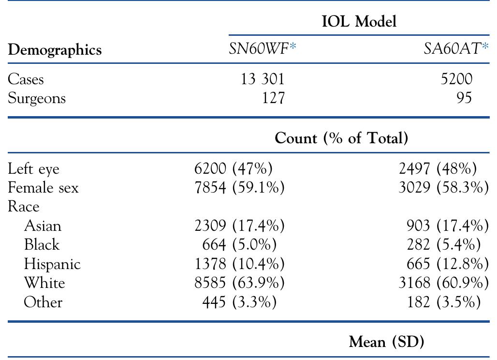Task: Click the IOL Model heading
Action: [x=359, y=22]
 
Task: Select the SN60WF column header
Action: [x=262, y=49]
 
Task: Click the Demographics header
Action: [x=55, y=50]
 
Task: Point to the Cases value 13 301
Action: [x=263, y=79]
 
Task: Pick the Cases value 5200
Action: [x=456, y=79]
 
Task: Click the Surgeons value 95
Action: [x=463, y=98]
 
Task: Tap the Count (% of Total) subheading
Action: [x=341, y=138]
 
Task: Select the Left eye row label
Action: [x=34, y=169]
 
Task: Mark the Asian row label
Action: [x=43, y=225]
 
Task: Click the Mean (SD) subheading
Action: [x=386, y=342]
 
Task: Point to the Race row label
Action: [x=23, y=207]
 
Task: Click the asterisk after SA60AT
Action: [x=485, y=47]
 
